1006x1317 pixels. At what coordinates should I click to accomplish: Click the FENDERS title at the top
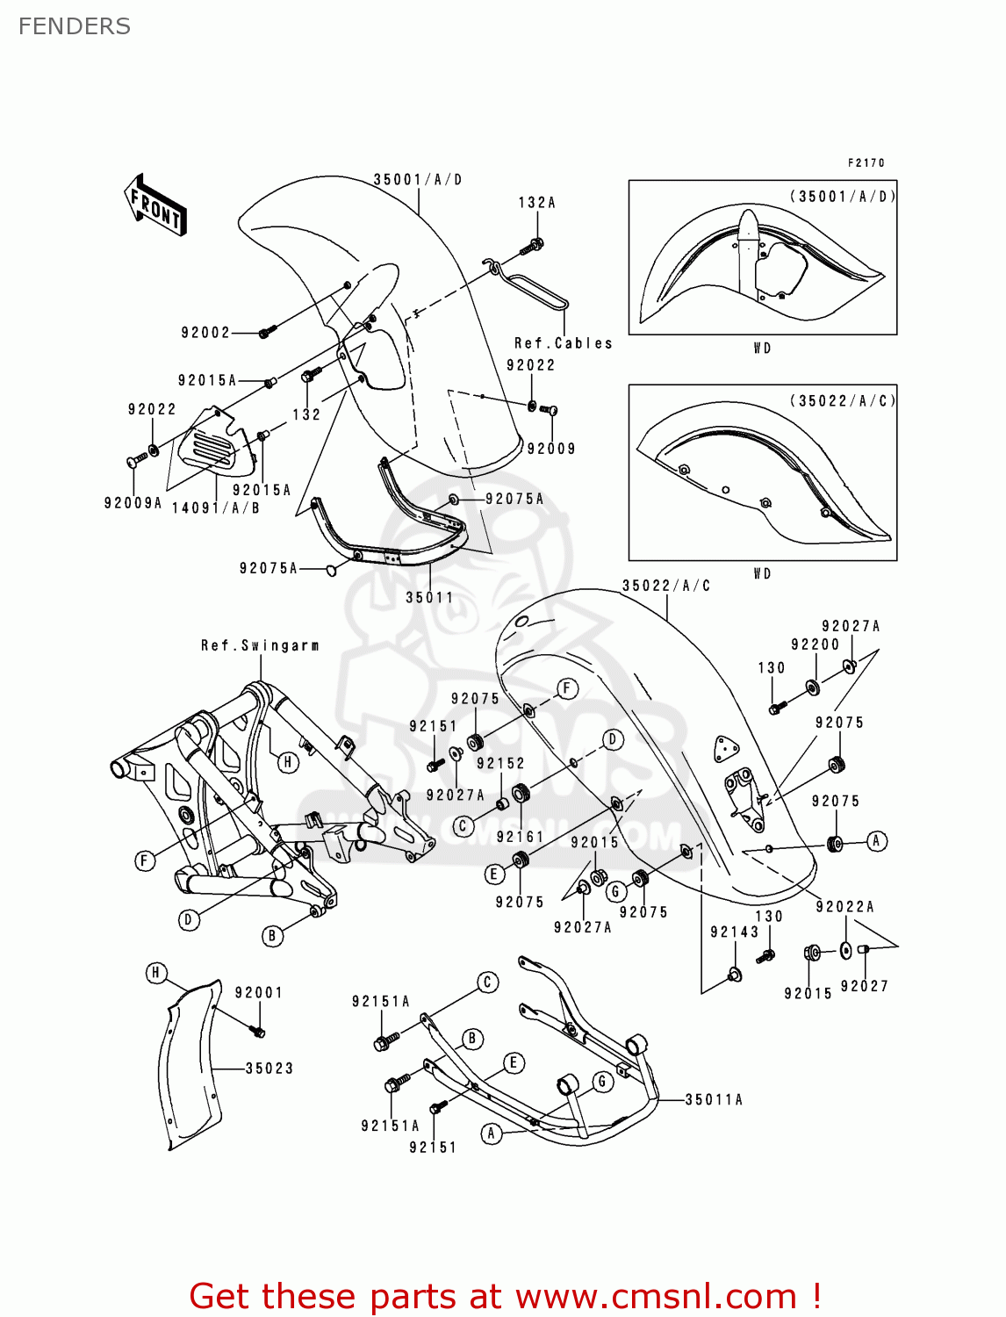75,26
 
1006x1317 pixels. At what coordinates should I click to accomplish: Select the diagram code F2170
866,162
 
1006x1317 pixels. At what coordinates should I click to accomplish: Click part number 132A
536,203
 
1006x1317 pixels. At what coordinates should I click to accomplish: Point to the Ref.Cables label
563,343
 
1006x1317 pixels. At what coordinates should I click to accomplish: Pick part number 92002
205,333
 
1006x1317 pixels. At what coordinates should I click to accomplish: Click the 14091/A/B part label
215,508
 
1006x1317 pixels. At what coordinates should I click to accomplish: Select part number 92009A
133,503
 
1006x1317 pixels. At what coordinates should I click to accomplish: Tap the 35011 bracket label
429,598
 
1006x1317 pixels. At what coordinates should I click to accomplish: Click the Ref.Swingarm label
260,645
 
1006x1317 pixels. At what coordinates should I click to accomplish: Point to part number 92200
815,644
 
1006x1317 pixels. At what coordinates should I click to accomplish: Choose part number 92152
500,764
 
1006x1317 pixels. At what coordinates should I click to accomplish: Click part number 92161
520,837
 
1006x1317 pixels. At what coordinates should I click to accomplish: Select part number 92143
734,932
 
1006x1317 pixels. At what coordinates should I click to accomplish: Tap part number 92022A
844,907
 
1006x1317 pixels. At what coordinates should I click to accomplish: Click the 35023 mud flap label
269,1069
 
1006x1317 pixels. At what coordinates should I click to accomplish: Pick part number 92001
258,993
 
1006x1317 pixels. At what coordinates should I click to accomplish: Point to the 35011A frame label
714,1099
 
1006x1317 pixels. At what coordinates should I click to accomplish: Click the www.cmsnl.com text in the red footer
655,1296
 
